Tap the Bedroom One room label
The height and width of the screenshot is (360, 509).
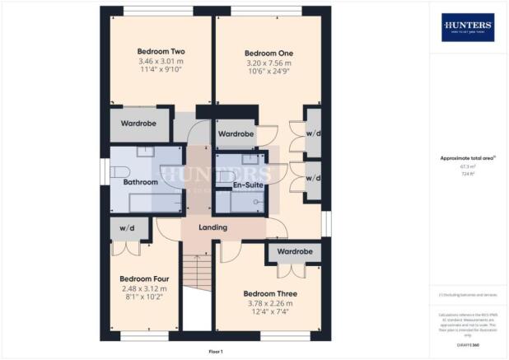click(269, 54)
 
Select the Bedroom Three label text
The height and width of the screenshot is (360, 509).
click(270, 293)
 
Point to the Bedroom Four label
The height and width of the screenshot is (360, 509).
click(144, 278)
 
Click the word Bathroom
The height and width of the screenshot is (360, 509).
click(140, 181)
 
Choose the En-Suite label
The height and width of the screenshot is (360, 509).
click(246, 185)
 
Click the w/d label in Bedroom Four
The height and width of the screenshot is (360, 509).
click(127, 228)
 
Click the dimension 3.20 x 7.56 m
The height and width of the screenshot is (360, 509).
click(269, 64)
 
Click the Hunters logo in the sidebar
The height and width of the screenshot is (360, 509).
click(468, 27)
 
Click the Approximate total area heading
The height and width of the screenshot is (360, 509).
click(466, 157)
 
